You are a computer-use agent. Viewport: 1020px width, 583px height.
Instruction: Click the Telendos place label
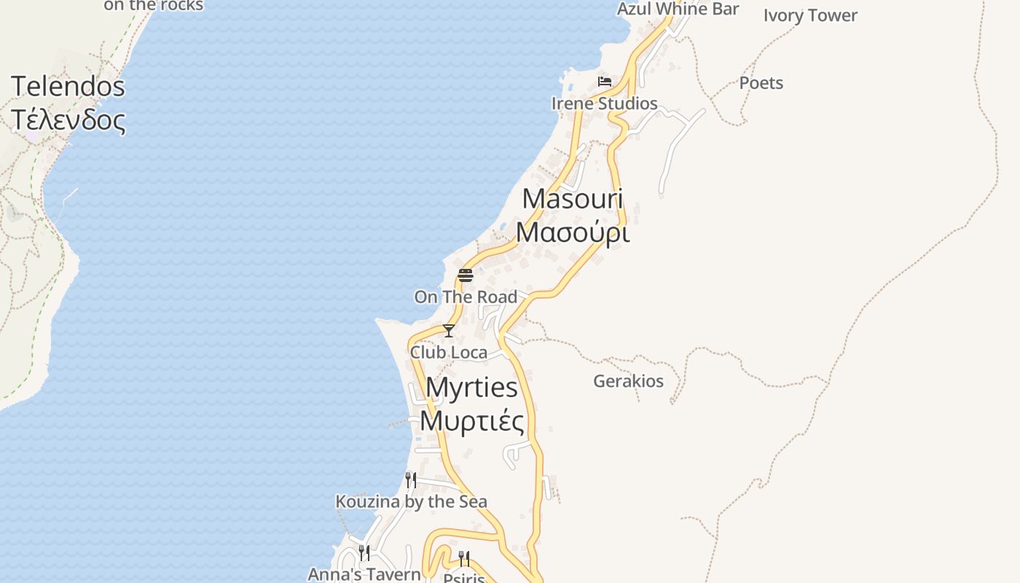[x=68, y=87]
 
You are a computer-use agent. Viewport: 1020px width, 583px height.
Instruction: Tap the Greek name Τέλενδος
[x=68, y=120]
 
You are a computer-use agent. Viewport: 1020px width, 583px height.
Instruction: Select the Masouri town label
[x=573, y=198]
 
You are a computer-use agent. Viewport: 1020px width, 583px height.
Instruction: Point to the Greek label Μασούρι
[x=573, y=232]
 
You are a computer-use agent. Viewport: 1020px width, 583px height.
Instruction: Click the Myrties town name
[x=471, y=387]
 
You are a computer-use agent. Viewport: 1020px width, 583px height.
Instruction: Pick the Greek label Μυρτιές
[x=471, y=421]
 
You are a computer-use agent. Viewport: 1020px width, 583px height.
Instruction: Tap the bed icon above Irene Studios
[x=604, y=81]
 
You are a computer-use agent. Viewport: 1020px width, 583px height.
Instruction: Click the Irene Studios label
[x=604, y=103]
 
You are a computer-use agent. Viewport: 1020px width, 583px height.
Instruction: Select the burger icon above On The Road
[x=466, y=275]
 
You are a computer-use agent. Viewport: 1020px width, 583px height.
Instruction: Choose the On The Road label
[x=466, y=297]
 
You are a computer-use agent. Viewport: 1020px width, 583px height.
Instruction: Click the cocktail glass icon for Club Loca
[x=449, y=331]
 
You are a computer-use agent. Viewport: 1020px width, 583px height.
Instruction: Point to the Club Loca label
[x=449, y=353]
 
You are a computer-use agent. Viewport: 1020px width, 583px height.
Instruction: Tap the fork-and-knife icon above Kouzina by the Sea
[x=411, y=480]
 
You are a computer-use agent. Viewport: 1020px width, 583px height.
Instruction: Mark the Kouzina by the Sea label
[x=411, y=501]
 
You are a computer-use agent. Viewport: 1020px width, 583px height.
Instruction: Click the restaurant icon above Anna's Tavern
[x=364, y=552]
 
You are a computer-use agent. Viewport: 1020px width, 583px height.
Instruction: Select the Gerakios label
[x=628, y=381]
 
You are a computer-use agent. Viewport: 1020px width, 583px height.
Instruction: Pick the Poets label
[x=761, y=83]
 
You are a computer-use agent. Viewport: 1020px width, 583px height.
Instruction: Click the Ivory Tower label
[x=810, y=15]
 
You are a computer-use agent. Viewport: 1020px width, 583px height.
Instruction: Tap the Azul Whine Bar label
[x=678, y=9]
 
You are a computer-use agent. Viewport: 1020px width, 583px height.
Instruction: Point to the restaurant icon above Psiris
[x=463, y=558]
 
